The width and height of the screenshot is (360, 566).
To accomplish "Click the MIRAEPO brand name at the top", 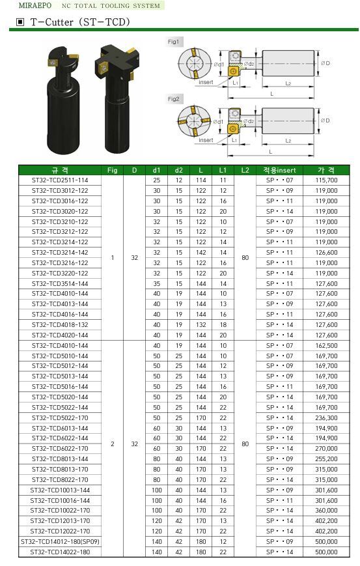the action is click(35, 5).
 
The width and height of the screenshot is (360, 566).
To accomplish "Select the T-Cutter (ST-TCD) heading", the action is click(80, 22).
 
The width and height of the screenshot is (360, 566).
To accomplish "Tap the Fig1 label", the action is click(173, 42).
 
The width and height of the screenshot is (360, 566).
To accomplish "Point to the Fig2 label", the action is click(173, 99).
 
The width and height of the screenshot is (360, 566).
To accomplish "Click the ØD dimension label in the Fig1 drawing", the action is click(325, 63).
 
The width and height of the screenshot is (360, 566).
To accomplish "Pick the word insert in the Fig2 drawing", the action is click(206, 140).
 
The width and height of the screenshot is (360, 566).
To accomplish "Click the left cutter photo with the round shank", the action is click(63, 101).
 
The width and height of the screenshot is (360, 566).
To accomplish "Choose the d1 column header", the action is click(156, 171).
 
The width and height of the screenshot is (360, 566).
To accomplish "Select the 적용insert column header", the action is click(279, 171).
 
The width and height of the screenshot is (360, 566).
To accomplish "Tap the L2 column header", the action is click(245, 171).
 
